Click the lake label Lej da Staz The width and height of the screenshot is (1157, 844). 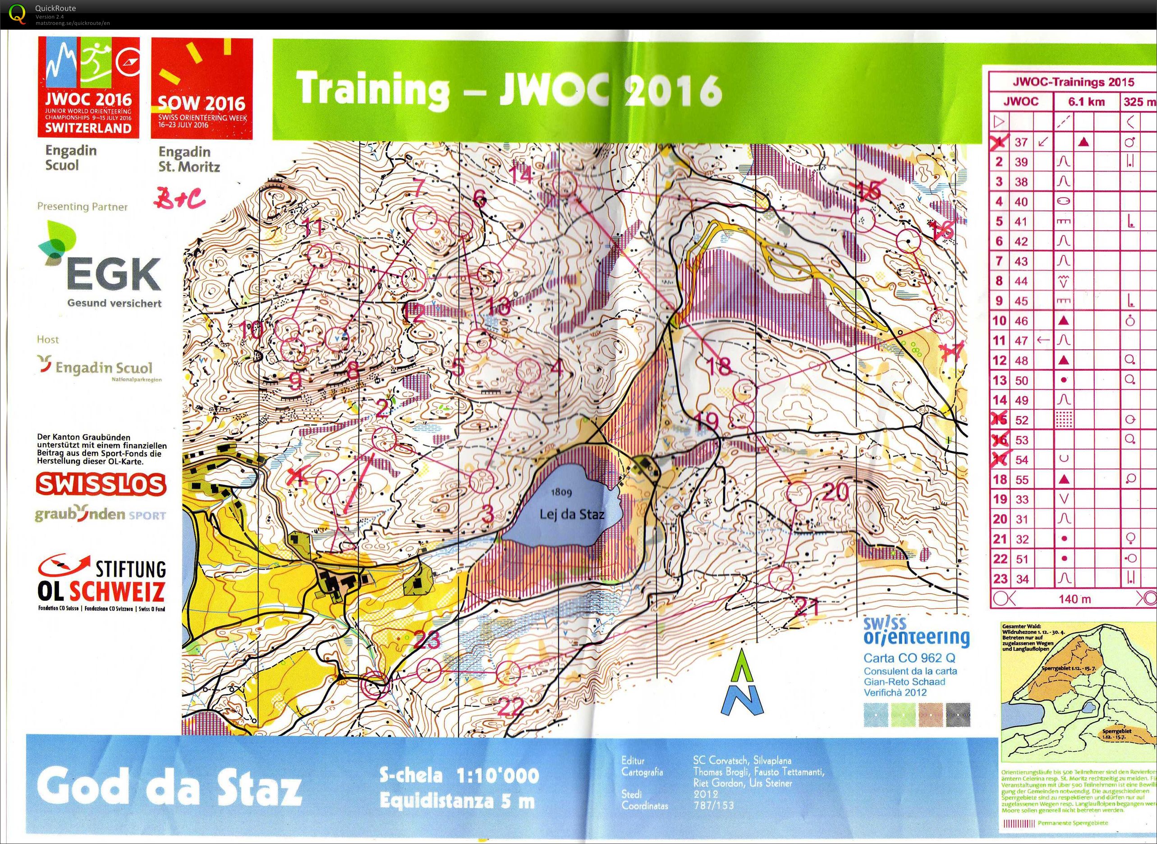pos(572,514)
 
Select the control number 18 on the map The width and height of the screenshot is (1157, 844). pos(720,365)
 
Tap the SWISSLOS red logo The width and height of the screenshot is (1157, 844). pos(101,484)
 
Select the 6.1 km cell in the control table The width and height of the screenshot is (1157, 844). pos(1086,101)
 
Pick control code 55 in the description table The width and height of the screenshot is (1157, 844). pos(1021,479)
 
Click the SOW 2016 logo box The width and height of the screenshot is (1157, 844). pos(202,89)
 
